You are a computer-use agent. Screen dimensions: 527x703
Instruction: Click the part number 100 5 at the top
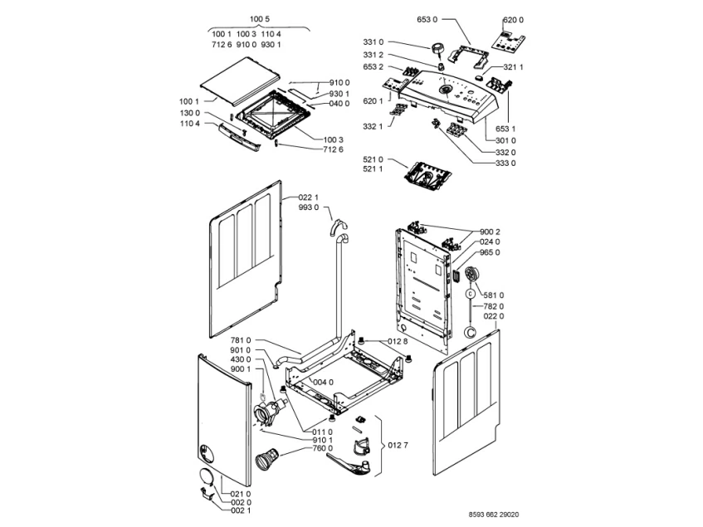(x=257, y=19)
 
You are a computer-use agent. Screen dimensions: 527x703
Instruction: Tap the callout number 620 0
(x=514, y=19)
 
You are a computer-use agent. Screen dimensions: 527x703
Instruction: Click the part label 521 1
(x=373, y=169)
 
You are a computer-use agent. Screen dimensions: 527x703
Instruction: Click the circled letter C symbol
(x=471, y=292)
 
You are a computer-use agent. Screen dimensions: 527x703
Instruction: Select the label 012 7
(x=398, y=446)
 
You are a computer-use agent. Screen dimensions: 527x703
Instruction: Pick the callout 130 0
(x=191, y=113)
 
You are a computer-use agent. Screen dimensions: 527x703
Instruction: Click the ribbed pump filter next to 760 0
(x=271, y=457)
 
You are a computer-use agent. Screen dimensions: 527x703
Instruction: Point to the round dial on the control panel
(x=447, y=90)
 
